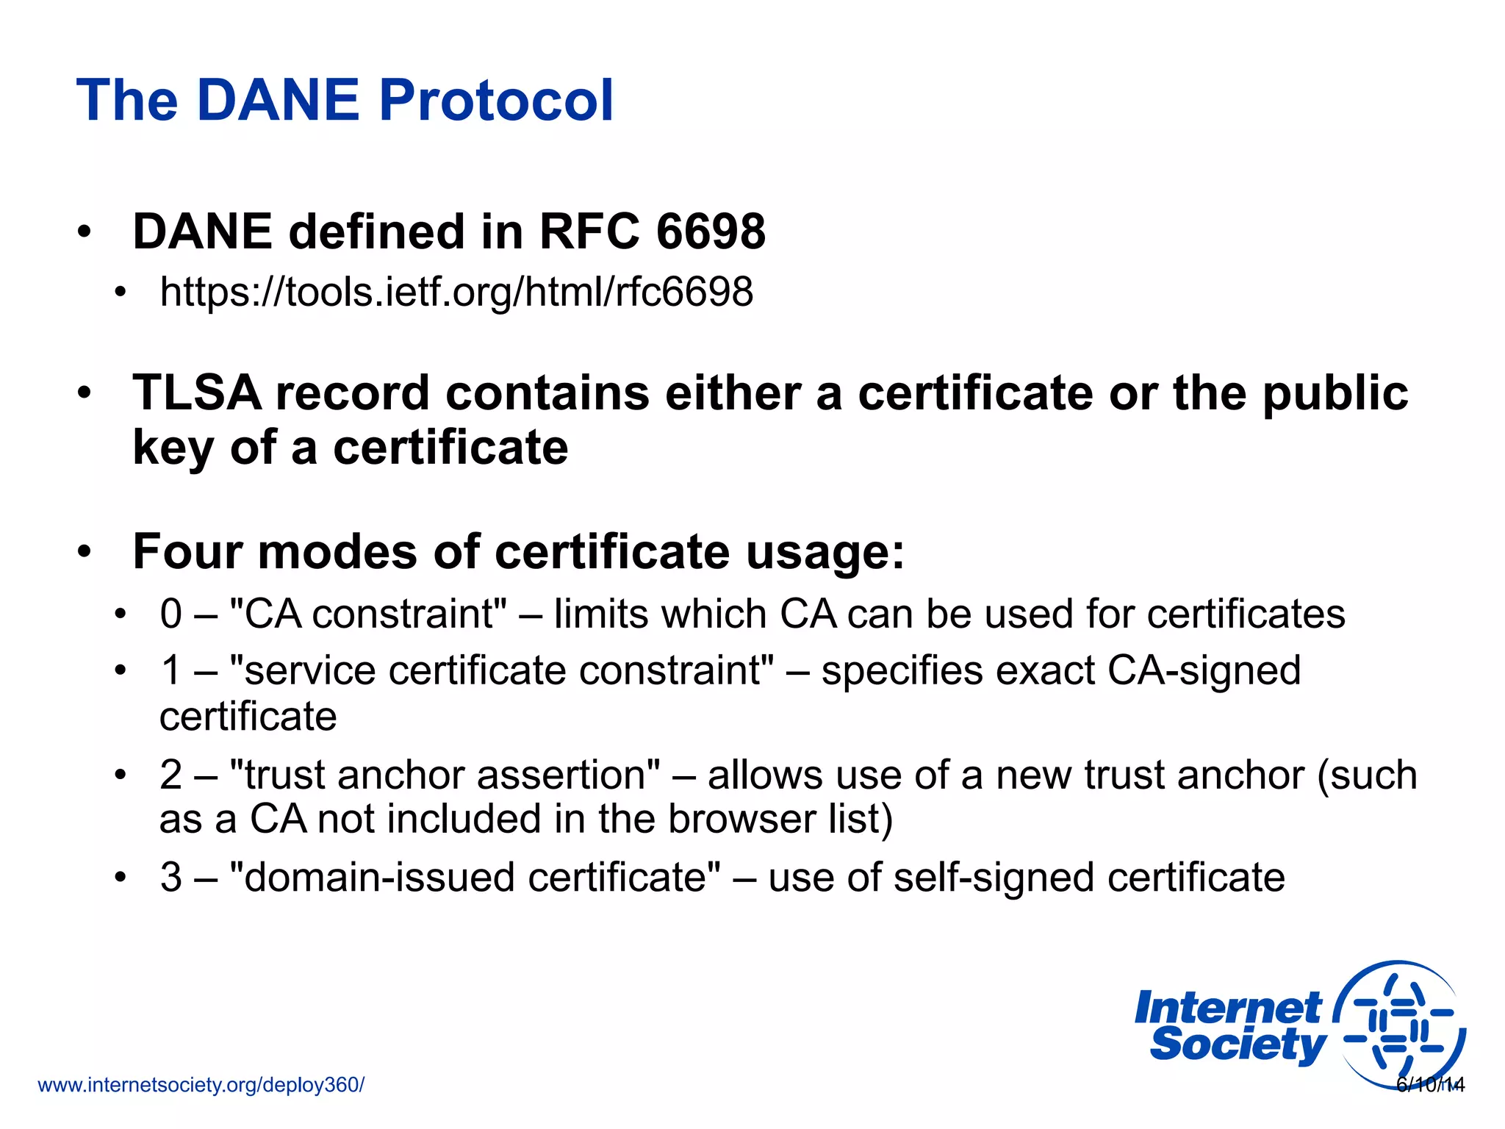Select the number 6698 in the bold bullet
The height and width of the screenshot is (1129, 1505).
[711, 232]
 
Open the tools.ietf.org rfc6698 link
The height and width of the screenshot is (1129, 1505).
[456, 293]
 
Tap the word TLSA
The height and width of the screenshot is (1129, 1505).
[196, 393]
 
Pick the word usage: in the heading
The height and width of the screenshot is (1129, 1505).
[825, 553]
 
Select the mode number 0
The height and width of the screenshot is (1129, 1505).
[171, 614]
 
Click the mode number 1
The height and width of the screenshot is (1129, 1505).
[171, 670]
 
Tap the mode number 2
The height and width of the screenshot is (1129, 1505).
[171, 775]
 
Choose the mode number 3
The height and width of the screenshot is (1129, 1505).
[171, 878]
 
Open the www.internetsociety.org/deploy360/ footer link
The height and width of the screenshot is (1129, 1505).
[201, 1085]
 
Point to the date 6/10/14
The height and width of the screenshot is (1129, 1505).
[1430, 1085]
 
